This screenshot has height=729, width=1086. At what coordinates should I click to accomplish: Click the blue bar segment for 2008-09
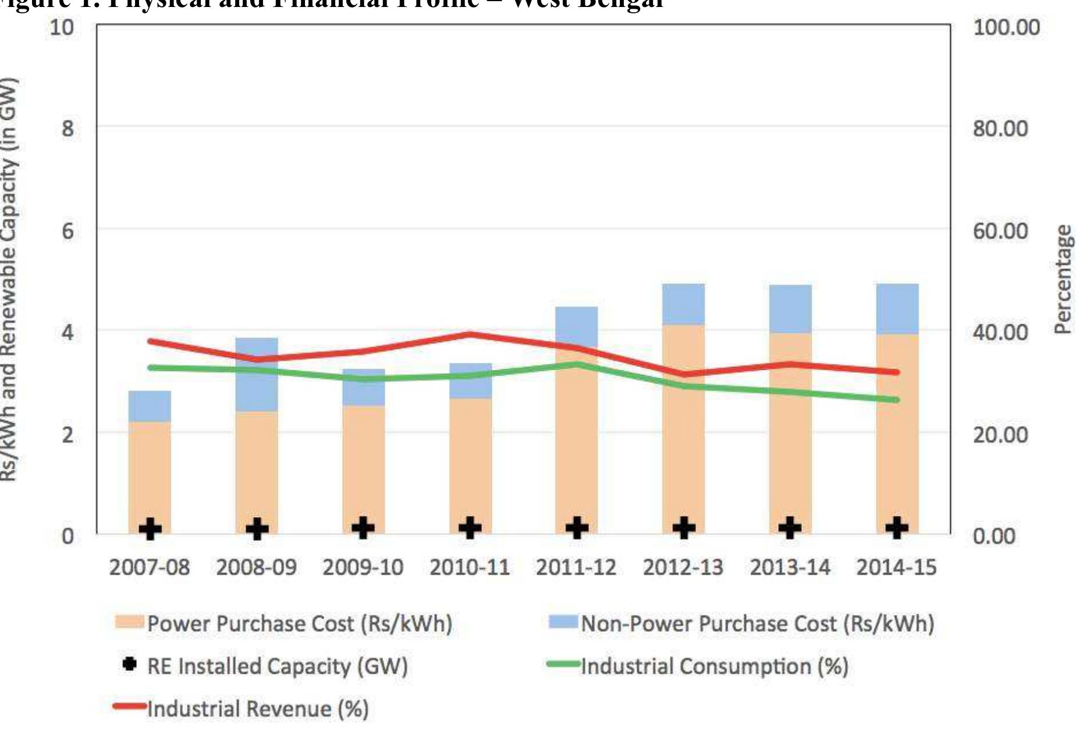[257, 374]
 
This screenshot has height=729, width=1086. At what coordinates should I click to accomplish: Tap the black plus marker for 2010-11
[470, 528]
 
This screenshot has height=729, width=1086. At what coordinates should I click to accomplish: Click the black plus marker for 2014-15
[897, 528]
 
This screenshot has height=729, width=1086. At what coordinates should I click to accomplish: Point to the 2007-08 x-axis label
[150, 567]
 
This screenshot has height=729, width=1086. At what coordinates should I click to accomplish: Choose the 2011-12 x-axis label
[576, 567]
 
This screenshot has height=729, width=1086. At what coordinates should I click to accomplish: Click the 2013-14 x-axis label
[790, 567]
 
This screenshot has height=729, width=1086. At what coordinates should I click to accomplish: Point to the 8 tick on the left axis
[68, 128]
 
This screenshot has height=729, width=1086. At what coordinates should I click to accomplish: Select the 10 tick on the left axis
[62, 27]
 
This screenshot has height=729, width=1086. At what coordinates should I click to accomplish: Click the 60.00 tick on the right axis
[1000, 231]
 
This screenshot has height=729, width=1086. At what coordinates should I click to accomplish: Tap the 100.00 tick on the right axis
[1006, 27]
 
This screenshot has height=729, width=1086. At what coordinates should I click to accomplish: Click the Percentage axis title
[1063, 279]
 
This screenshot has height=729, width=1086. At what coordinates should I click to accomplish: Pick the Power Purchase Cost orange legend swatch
[129, 622]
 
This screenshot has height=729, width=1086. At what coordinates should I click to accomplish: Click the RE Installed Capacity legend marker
[129, 664]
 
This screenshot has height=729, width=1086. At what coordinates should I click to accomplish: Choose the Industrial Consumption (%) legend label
[715, 666]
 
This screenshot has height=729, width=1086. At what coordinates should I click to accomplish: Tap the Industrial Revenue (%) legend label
[258, 709]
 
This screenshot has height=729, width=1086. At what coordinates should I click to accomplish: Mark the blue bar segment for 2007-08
[150, 406]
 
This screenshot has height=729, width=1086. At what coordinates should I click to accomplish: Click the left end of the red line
[151, 341]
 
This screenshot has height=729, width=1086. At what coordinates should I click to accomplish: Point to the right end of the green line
[897, 400]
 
